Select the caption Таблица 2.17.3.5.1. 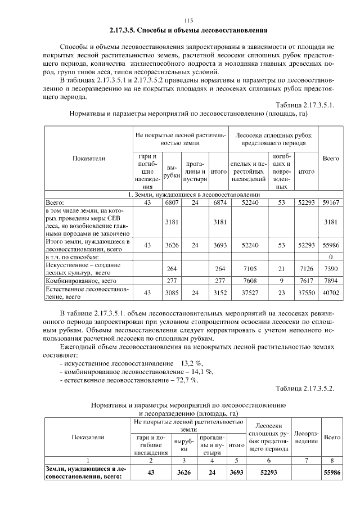305,105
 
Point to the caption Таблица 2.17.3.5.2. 305,388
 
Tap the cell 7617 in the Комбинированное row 306,280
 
